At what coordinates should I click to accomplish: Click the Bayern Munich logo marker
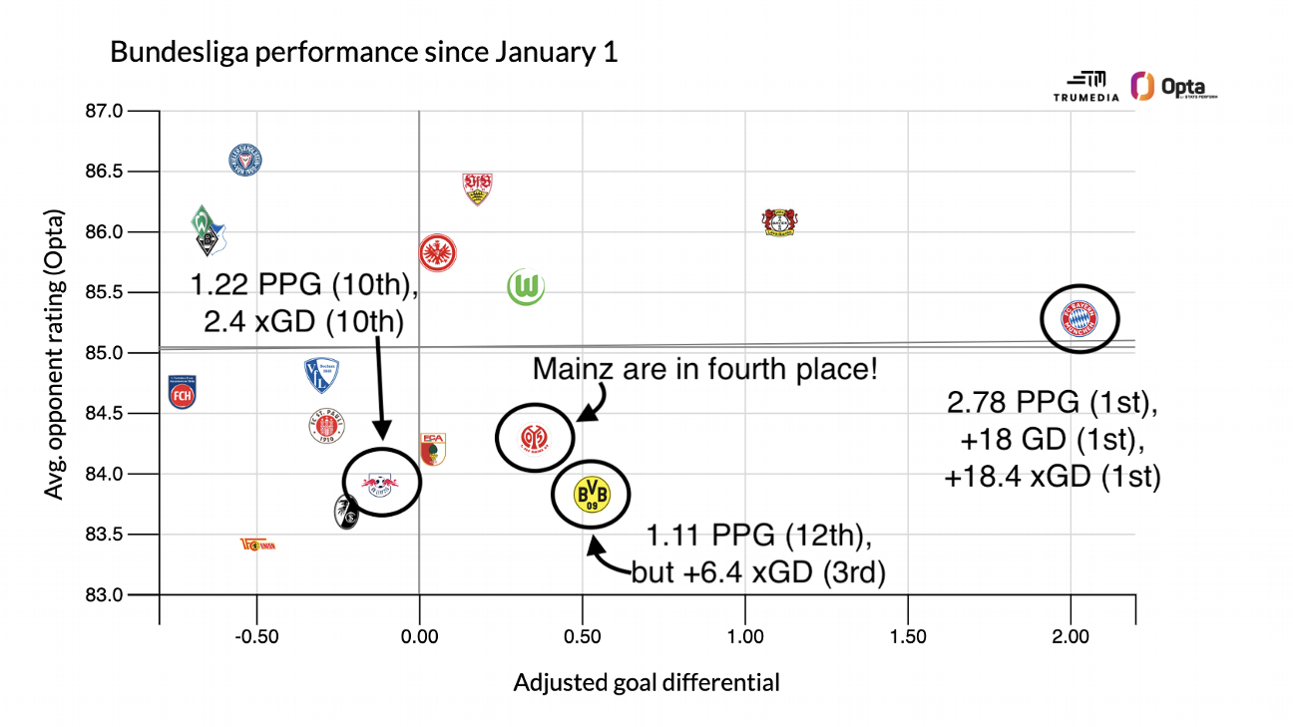[x=1078, y=319]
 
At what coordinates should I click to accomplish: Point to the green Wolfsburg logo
[x=525, y=287]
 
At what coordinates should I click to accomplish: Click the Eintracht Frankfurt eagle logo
[x=438, y=252]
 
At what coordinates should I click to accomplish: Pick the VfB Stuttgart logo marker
[x=477, y=187]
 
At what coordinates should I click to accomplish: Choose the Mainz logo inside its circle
[x=535, y=436]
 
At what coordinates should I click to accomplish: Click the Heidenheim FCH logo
[x=182, y=392]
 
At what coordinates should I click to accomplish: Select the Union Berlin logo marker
[x=257, y=545]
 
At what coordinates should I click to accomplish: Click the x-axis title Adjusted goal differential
[x=646, y=683]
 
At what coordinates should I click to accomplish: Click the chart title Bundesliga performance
[x=363, y=52]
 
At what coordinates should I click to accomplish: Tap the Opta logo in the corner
[x=1173, y=87]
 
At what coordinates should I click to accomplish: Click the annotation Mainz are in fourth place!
[x=705, y=369]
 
